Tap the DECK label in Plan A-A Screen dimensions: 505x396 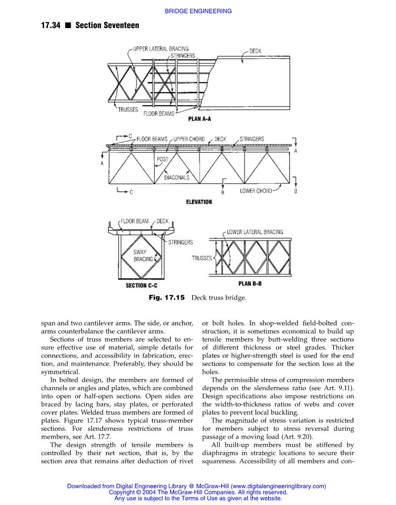pyautogui.click(x=255, y=50)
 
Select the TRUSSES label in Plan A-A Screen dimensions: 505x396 pyautogui.click(x=128, y=110)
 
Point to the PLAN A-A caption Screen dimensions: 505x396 pyautogui.click(x=199, y=118)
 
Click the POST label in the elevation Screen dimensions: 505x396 pyautogui.click(x=163, y=159)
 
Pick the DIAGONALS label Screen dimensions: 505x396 pyautogui.click(x=177, y=177)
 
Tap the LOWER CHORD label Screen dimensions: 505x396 pyautogui.click(x=256, y=191)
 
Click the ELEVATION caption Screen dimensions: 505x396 pyautogui.click(x=199, y=202)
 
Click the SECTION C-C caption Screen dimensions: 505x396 pyautogui.click(x=141, y=285)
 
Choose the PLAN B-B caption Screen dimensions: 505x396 pyautogui.click(x=250, y=284)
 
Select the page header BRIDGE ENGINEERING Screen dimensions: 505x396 pyautogui.click(x=198, y=11)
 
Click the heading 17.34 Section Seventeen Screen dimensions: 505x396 pyautogui.click(x=90, y=25)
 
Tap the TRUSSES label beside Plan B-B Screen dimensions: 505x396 pyautogui.click(x=202, y=258)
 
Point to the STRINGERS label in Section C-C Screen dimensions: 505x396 pyautogui.click(x=181, y=242)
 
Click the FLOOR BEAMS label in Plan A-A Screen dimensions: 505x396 pyautogui.click(x=158, y=114)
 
